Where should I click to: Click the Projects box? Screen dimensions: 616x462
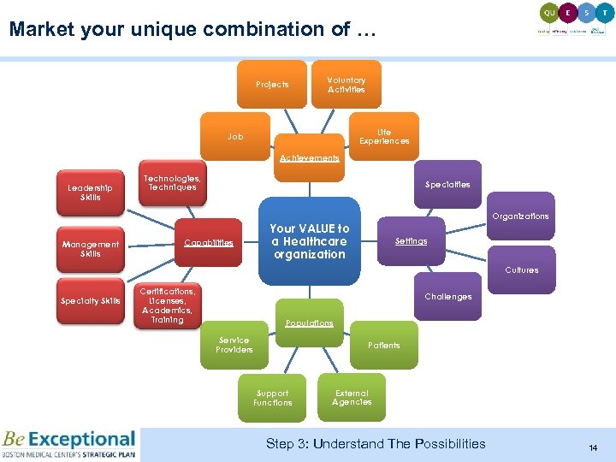coord(272,85)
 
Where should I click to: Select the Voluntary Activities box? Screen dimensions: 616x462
coord(346,85)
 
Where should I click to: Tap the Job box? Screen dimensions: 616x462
coord(235,137)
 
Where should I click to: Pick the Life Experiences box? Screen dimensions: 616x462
coord(384,137)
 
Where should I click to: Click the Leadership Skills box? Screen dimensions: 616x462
coord(91,192)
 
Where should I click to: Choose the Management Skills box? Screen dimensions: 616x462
coord(91,249)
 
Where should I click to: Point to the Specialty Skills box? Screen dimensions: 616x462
coord(91,301)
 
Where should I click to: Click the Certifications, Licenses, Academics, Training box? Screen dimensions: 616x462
coord(169,305)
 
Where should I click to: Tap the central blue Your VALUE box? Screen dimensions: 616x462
coord(310,241)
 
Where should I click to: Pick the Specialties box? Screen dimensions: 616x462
coord(447,184)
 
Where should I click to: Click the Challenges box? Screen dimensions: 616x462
coord(447,297)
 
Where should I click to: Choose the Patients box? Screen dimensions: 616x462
coord(384,345)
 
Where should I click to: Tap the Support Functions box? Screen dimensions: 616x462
coord(273,398)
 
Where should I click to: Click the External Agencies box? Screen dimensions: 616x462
coord(352,398)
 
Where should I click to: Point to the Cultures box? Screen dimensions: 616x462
coord(521,269)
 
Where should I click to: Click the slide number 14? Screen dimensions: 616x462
coord(592,448)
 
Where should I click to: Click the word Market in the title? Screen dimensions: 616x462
coord(41,30)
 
